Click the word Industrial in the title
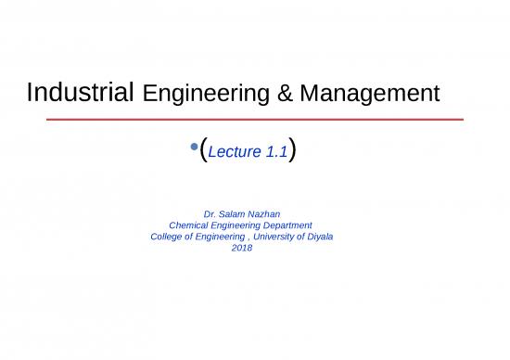click(x=83, y=93)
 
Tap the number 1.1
click(x=276, y=152)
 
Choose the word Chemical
click(x=191, y=225)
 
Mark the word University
click(x=283, y=236)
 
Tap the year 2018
click(x=241, y=247)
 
